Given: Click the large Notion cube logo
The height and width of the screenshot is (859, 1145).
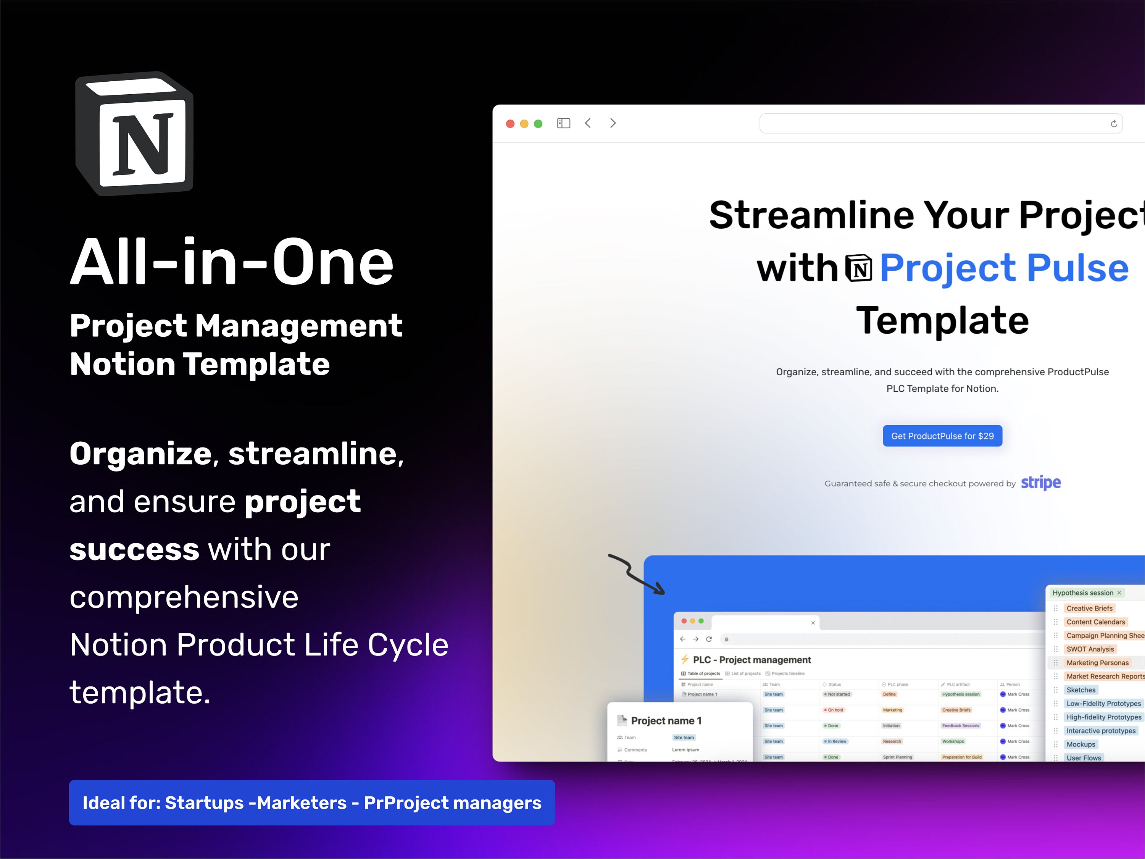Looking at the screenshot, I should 135,134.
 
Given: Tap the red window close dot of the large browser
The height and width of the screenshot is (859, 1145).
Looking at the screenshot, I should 510,124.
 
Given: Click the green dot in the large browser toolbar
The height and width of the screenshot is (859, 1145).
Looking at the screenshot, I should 538,124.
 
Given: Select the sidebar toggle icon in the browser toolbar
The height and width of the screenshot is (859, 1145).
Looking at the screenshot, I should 563,123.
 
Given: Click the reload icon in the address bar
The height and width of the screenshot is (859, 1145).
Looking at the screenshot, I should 1113,124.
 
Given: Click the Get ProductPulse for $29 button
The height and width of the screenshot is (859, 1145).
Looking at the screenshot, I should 942,436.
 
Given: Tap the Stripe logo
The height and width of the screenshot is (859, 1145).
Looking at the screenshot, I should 1040,483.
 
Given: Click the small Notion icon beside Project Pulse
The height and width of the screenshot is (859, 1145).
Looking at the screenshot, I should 859,269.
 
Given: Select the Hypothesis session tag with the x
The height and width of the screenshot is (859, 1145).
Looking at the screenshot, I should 1086,593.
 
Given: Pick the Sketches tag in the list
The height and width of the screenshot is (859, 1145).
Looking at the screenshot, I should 1081,690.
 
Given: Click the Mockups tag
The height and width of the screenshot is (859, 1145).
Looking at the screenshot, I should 1081,744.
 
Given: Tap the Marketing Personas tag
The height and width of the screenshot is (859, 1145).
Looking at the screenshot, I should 1097,663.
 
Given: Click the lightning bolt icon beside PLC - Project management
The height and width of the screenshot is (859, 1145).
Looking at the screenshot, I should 685,659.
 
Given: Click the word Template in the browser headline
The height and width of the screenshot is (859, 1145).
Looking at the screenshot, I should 942,321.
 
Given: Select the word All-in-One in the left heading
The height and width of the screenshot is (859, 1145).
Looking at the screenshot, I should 232,262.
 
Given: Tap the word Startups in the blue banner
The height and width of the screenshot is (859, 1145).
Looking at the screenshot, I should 204,803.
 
